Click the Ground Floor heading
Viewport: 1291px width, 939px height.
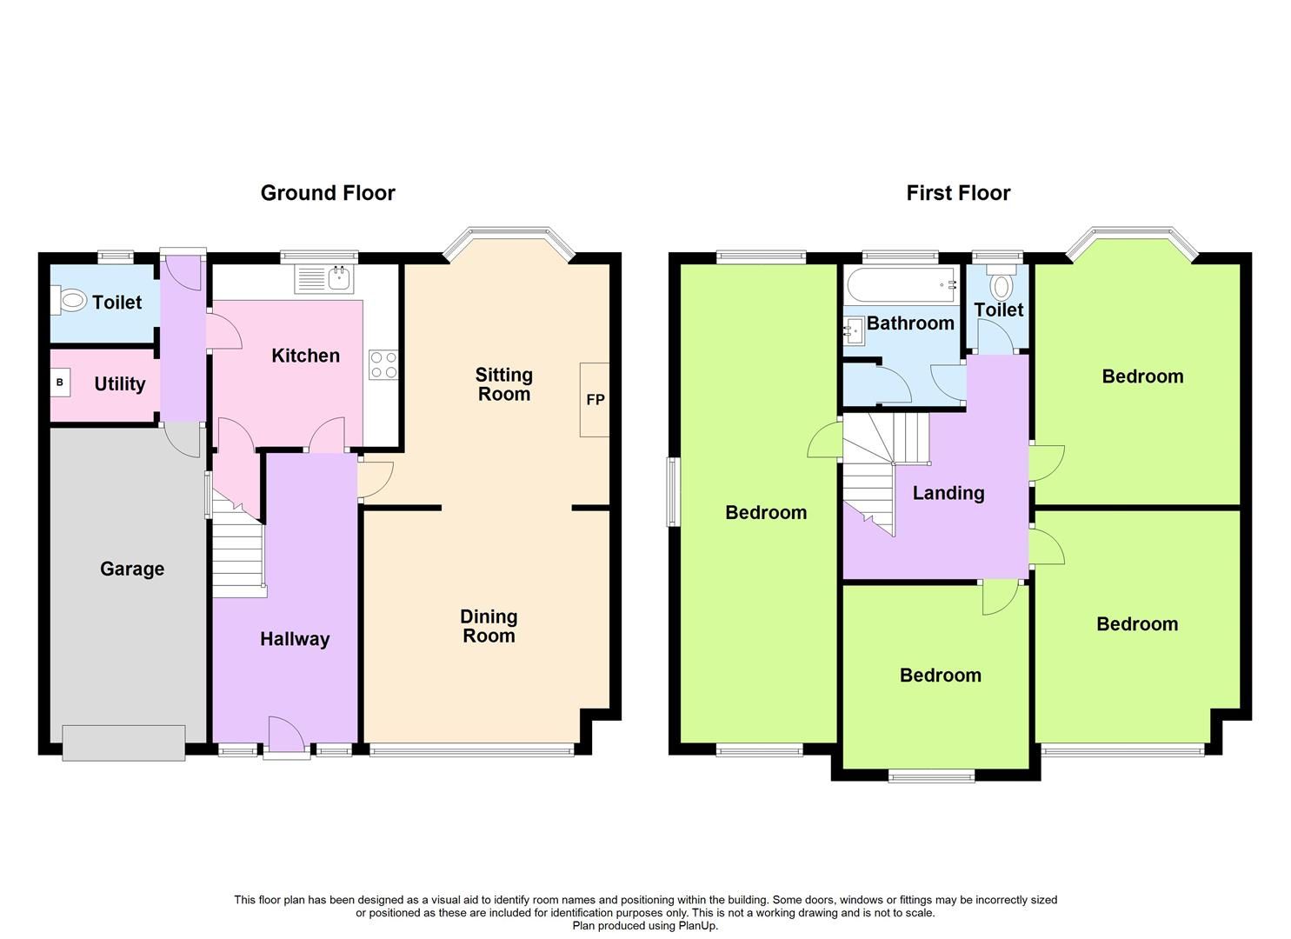328,193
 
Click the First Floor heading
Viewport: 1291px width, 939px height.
958,193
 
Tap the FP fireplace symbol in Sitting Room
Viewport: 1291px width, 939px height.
595,400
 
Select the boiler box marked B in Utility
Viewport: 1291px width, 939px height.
60,383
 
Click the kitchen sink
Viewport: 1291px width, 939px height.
338,279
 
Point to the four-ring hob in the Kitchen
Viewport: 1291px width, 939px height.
383,364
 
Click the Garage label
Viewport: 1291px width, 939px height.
132,569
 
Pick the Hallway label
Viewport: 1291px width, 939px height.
295,639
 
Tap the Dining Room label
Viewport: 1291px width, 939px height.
489,626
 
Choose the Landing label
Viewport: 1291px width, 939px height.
948,493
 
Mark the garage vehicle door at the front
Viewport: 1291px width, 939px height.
123,743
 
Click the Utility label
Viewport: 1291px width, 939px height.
120,383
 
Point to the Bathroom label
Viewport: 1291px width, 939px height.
910,323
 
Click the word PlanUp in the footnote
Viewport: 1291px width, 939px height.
698,926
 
